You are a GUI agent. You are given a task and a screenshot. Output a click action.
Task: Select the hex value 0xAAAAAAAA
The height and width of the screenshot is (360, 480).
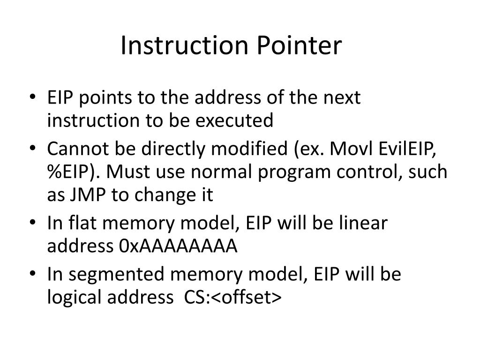click(179, 246)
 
